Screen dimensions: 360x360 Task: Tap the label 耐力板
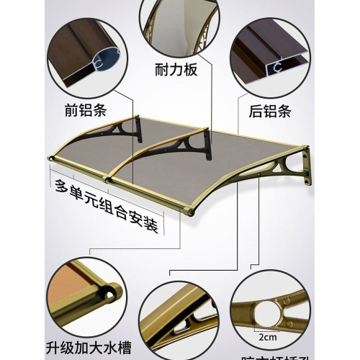pyautogui.click(x=176, y=71)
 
